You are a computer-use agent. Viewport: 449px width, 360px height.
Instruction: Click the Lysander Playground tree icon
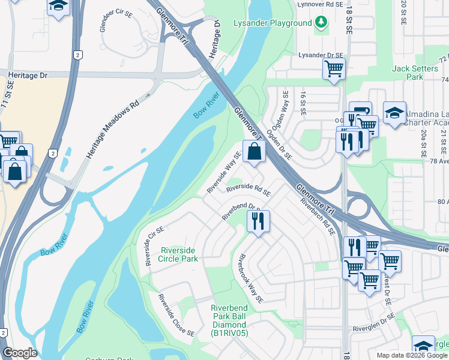[322, 23]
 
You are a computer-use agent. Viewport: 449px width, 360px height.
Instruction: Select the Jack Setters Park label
[415, 73]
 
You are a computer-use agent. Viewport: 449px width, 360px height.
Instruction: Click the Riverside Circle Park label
[178, 254]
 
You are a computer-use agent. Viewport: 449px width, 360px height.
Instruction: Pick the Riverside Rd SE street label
[249, 190]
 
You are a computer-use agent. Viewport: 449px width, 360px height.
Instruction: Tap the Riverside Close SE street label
[176, 315]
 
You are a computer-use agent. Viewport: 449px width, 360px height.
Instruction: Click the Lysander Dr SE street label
[321, 55]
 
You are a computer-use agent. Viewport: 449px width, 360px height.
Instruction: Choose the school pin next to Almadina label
[394, 112]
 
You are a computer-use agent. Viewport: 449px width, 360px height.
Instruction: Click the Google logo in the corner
[20, 353]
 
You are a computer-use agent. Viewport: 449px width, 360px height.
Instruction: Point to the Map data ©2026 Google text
[412, 355]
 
